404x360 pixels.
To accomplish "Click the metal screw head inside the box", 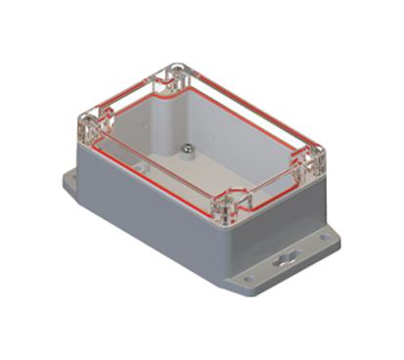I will (x=185, y=149).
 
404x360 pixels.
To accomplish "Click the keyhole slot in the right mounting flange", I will (x=285, y=260).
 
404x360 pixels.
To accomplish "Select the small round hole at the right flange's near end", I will (x=247, y=279).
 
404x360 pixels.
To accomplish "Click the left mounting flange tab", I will (x=73, y=180).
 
